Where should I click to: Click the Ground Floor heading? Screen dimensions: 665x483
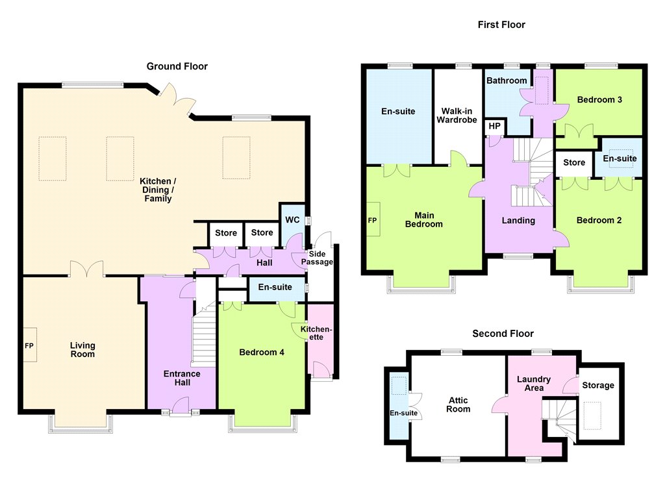177,67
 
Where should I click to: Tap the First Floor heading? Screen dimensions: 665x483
501,25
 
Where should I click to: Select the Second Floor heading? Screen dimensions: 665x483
503,334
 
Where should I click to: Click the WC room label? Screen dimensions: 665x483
292,219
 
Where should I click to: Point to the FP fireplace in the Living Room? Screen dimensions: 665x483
29,345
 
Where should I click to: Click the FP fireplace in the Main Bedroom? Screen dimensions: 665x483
372,219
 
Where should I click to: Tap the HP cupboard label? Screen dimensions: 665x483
494,126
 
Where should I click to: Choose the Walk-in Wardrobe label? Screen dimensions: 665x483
457,116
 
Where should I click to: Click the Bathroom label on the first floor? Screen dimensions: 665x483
507,80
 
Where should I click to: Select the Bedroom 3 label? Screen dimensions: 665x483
599,100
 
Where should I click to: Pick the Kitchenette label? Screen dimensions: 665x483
316,333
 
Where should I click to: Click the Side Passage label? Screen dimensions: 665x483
317,258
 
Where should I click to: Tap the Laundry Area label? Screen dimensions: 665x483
534,384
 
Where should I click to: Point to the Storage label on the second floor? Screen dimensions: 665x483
598,386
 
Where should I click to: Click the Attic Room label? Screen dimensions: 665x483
458,404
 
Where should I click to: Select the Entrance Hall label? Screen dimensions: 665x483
182,378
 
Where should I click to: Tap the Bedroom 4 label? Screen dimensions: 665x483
262,353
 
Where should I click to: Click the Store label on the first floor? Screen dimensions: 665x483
574,162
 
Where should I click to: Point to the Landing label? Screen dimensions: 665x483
518,221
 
